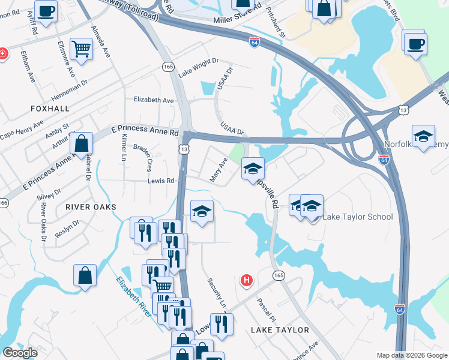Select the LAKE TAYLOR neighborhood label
(x=280, y=330)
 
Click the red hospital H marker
(x=246, y=280)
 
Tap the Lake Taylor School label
(x=358, y=217)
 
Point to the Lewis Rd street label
(x=161, y=181)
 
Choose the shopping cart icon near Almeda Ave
(x=80, y=50)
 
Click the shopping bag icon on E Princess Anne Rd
(x=81, y=144)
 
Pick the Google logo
(x=20, y=353)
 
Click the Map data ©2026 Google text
(x=411, y=355)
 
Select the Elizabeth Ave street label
(x=154, y=100)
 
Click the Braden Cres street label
(x=146, y=157)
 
